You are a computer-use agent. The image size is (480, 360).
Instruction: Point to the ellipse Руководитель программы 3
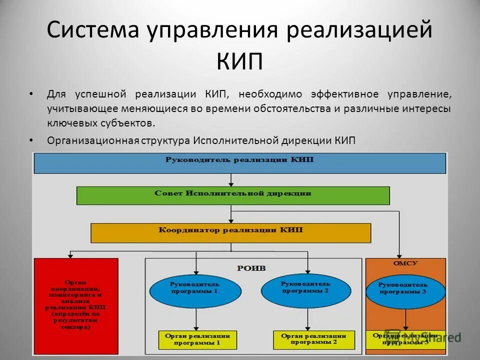pos(405,288)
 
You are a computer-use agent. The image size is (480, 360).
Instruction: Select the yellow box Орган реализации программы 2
pos(313,340)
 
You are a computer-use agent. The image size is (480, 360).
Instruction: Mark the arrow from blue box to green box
pos(230,180)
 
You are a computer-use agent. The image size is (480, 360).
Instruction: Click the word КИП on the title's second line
pos(239,62)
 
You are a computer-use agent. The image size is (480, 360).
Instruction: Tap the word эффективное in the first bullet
pos(343,94)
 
